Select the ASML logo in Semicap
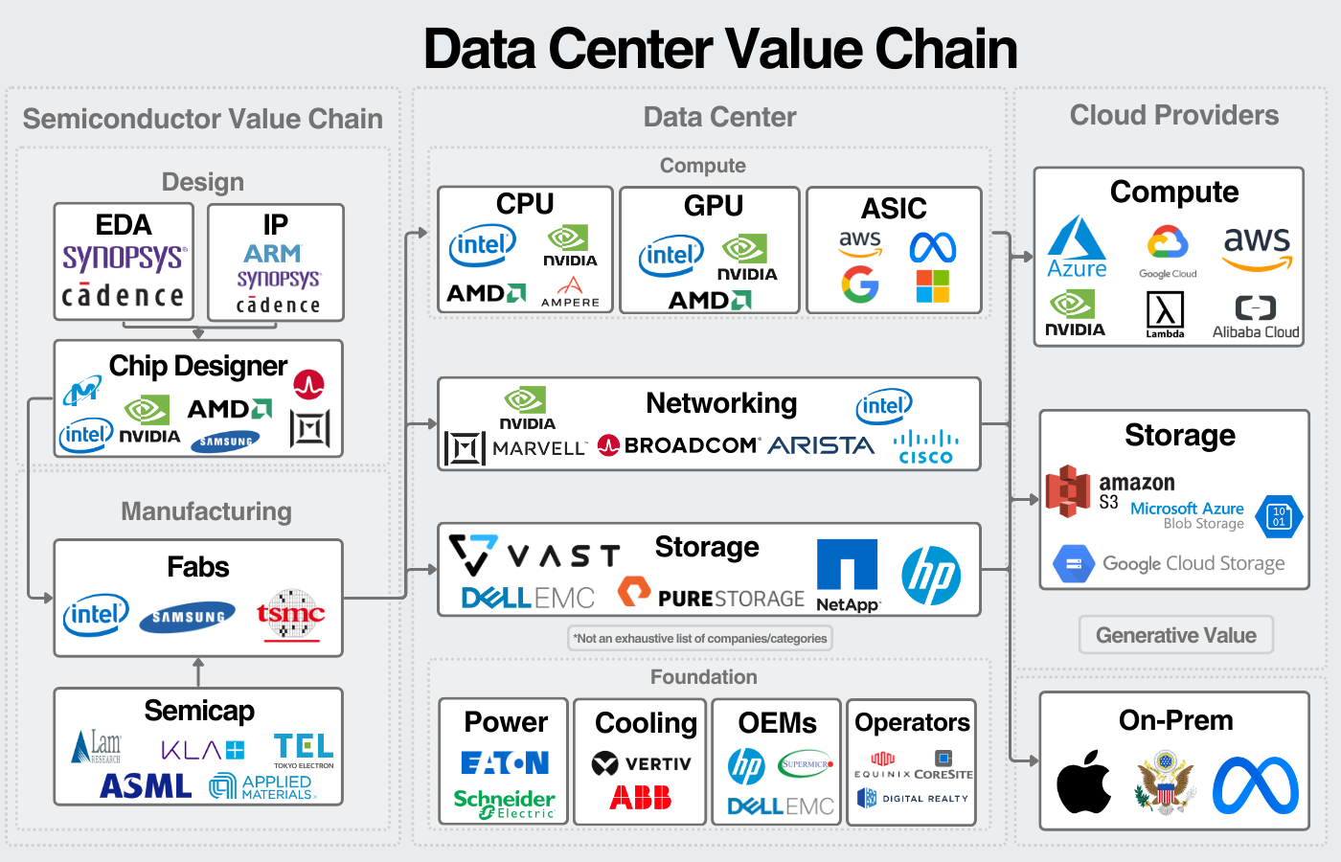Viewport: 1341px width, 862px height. point(146,786)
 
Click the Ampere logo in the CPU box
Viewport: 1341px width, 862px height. point(570,292)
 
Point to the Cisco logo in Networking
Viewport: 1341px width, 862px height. point(925,446)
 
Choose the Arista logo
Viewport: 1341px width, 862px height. point(821,445)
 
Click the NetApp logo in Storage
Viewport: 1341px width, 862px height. point(848,575)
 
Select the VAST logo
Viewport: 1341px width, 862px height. point(534,555)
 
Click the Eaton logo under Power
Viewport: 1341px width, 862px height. point(505,762)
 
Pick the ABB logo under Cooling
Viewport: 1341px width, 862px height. point(640,797)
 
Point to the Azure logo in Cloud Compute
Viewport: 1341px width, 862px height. point(1077,248)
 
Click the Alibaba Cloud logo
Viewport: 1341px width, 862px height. point(1256,317)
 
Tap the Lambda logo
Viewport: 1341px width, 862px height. point(1165,314)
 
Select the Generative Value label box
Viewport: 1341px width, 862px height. point(1175,635)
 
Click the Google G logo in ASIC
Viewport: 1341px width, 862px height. point(860,284)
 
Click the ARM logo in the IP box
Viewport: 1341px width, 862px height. point(272,254)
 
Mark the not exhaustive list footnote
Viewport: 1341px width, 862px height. point(700,638)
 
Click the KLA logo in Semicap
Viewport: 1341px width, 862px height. point(202,750)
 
